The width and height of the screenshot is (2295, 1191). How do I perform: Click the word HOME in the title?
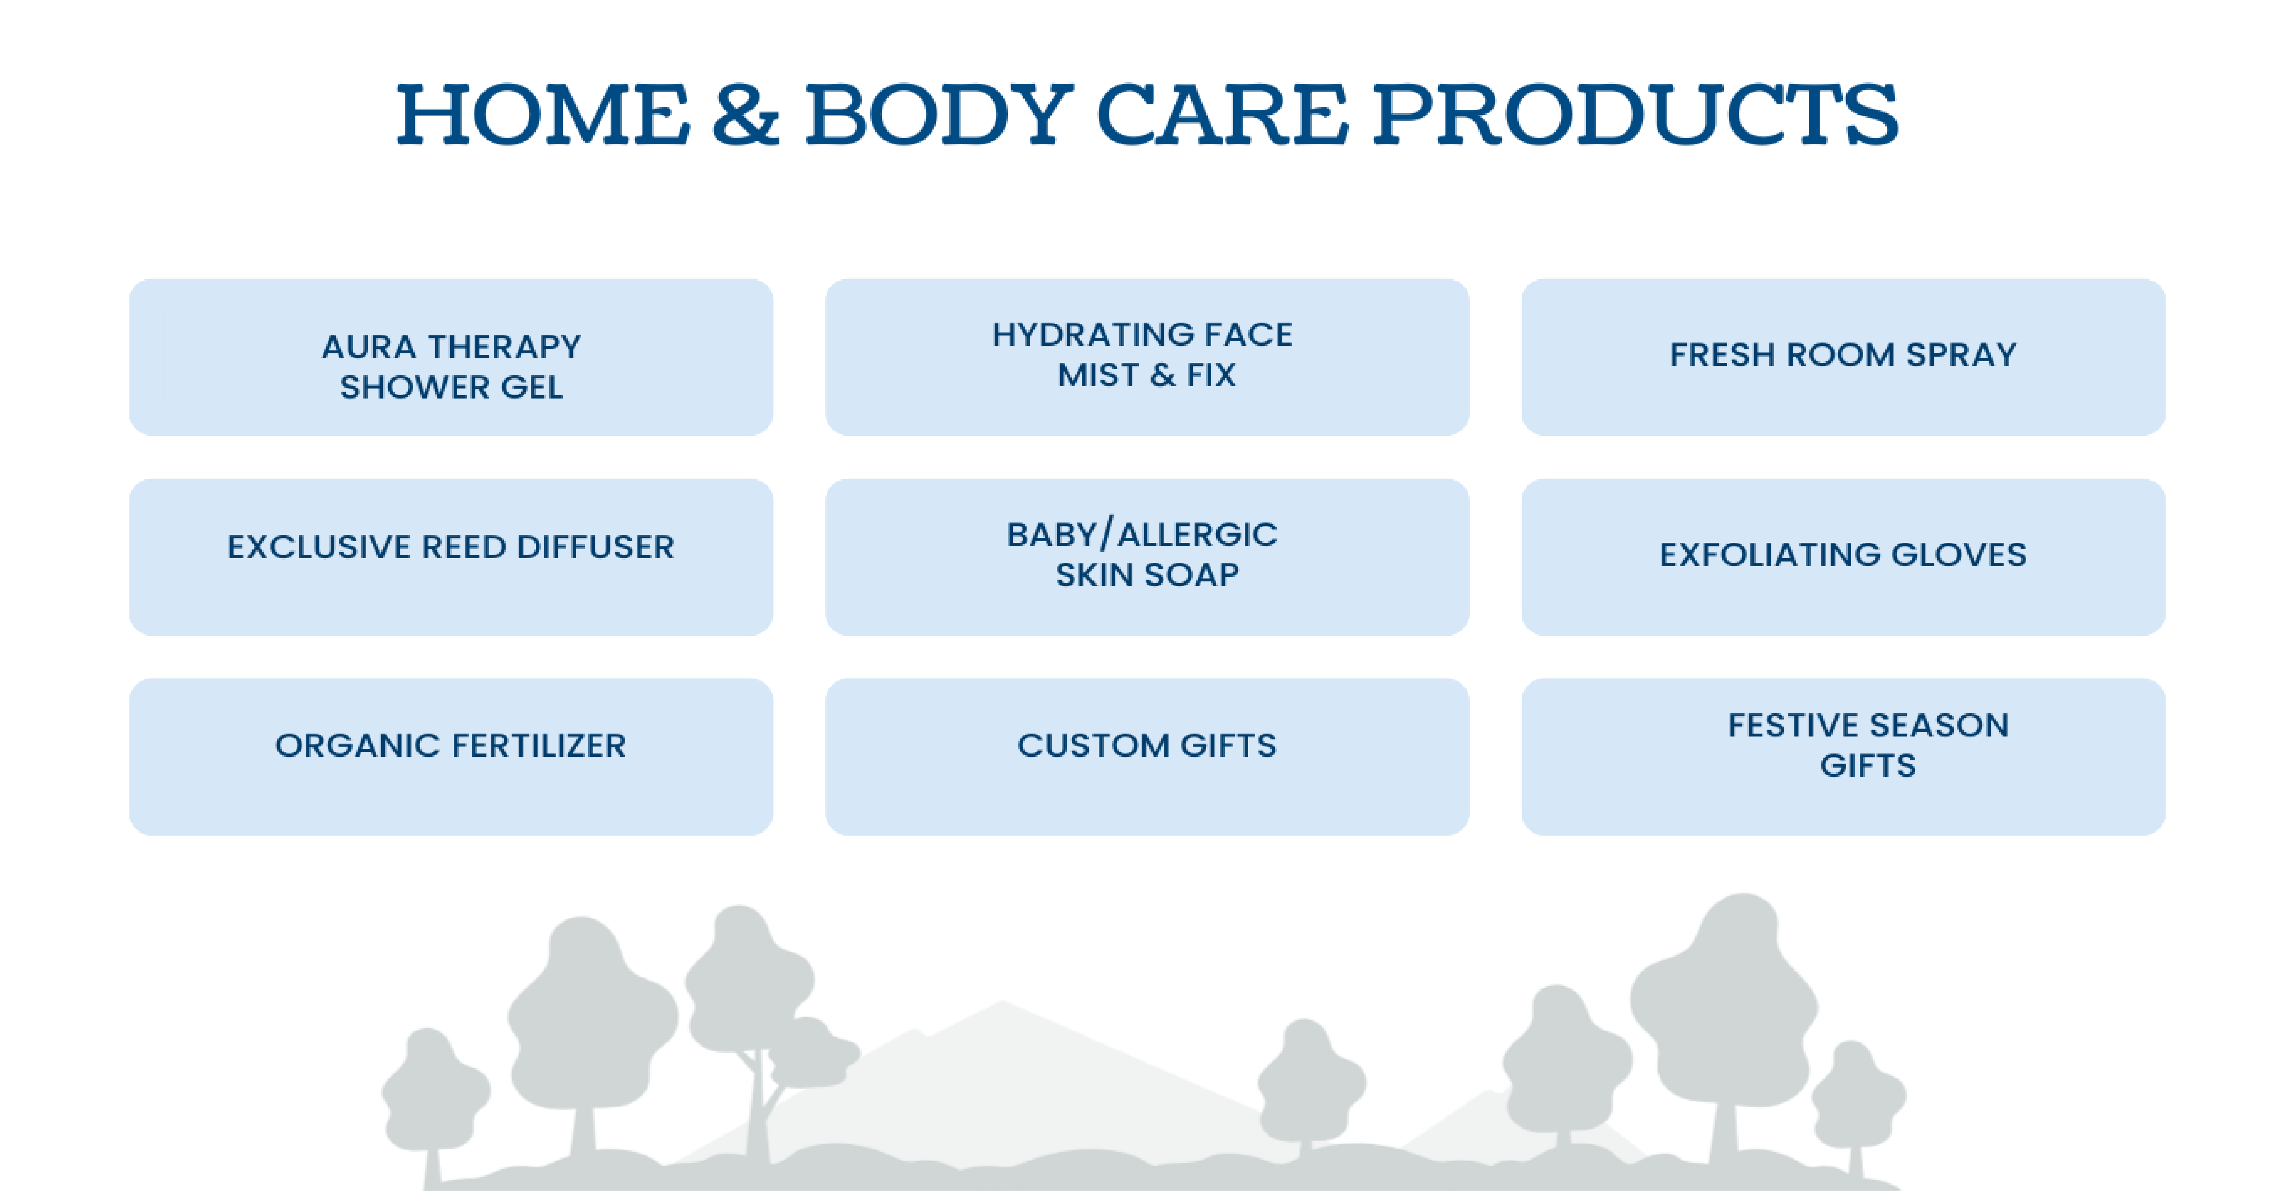(543, 114)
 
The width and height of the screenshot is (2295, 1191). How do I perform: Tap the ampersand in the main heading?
(746, 114)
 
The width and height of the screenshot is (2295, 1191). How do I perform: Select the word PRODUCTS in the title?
(1635, 114)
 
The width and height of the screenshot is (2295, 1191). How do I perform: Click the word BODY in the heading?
(939, 114)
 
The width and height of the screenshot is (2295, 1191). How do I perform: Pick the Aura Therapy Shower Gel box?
(451, 357)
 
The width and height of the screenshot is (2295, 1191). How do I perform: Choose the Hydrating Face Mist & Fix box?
(1146, 357)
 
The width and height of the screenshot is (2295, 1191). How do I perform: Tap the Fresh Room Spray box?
(1843, 357)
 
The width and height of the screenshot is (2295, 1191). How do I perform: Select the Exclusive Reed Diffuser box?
(451, 557)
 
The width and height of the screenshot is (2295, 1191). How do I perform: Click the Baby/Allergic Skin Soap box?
(1146, 557)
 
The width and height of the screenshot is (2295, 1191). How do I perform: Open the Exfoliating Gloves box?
(1843, 557)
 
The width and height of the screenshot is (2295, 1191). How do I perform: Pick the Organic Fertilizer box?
(451, 756)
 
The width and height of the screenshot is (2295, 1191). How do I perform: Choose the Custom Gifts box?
(1146, 756)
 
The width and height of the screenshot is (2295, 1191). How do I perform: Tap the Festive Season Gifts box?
(1843, 756)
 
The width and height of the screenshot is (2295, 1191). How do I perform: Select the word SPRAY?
(1961, 355)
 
